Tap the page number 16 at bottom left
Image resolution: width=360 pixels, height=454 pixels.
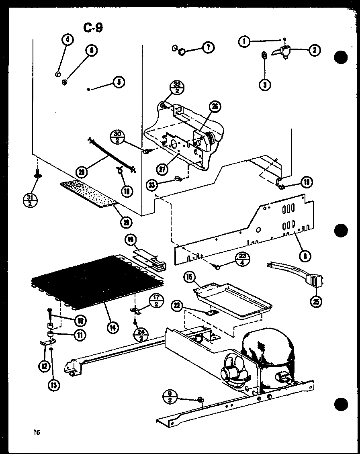pos(37,433)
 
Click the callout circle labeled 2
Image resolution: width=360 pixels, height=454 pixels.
pos(314,50)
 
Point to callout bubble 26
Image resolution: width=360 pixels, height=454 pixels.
pos(215,106)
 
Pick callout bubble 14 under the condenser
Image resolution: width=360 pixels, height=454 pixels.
pos(113,327)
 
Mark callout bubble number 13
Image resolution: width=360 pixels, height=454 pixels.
pos(53,385)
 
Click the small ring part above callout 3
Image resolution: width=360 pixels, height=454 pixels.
pos(264,55)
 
